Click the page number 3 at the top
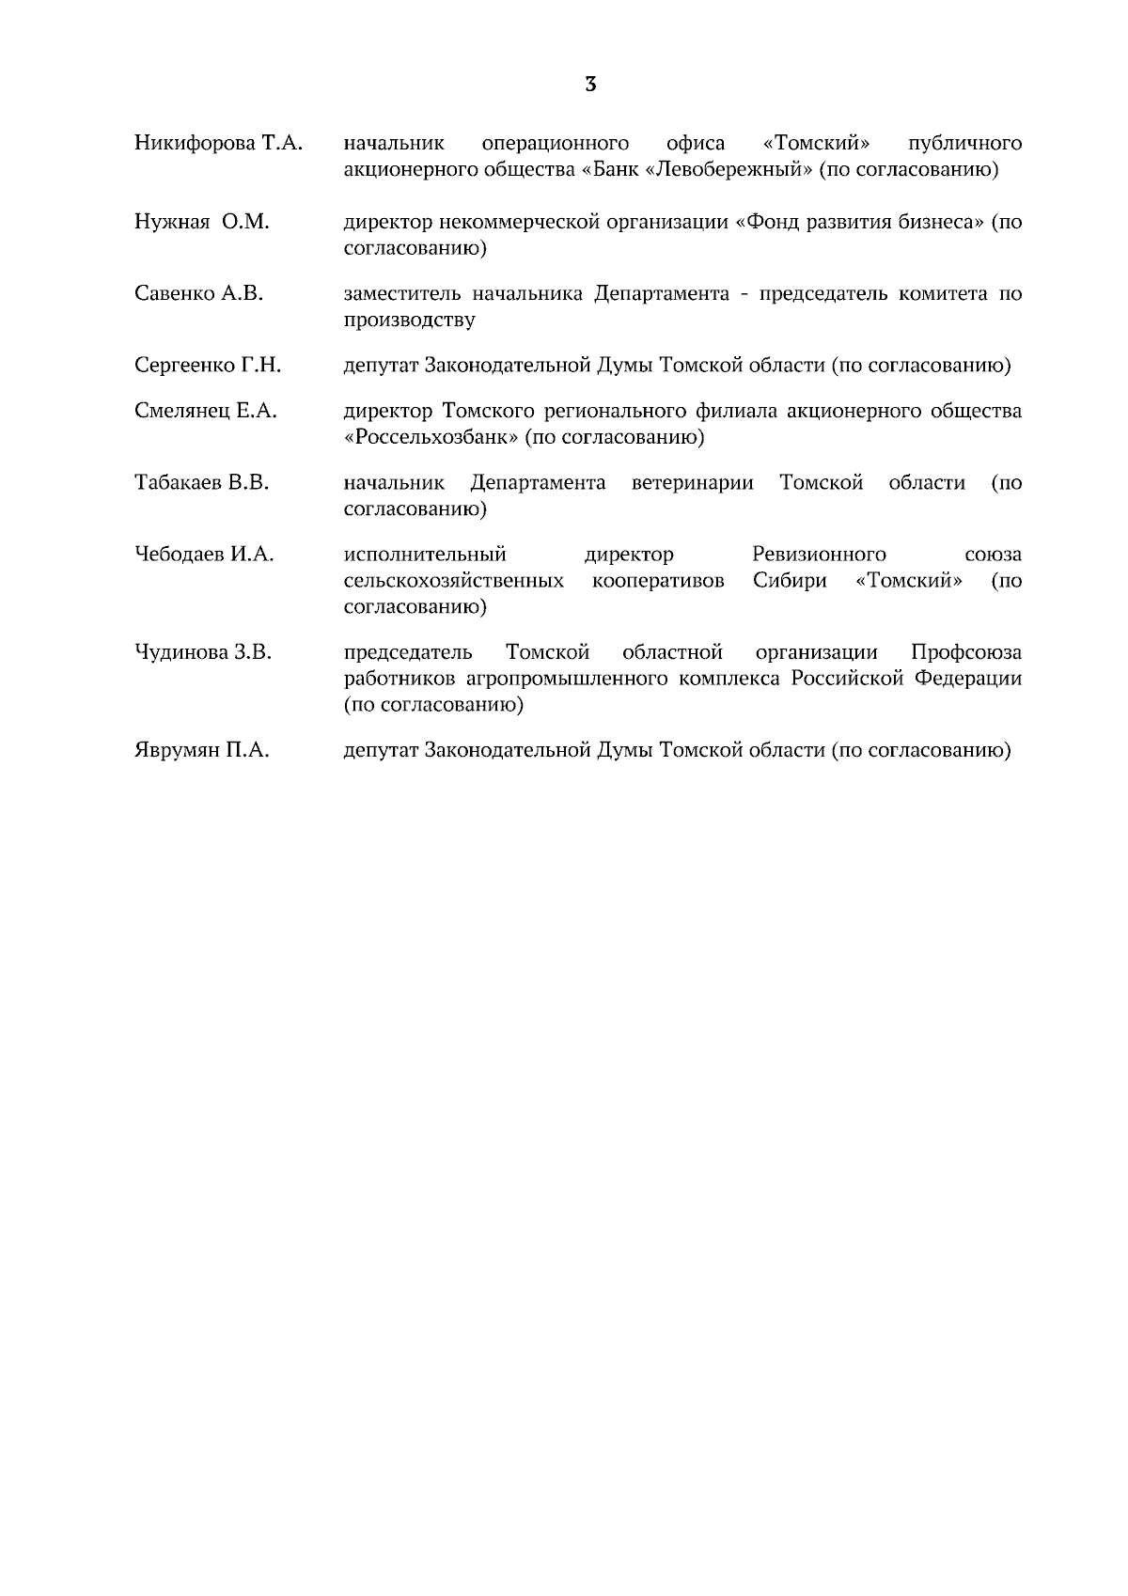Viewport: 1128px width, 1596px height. coord(590,85)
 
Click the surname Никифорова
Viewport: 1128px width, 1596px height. coord(195,144)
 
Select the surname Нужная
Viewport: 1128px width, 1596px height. coord(172,223)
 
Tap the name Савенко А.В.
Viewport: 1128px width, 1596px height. coord(198,294)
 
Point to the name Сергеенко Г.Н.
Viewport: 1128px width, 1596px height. coord(208,366)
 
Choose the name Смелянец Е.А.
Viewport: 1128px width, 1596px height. coord(206,411)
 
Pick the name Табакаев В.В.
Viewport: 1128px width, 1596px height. coord(201,483)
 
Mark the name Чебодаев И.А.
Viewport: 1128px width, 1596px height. coord(204,555)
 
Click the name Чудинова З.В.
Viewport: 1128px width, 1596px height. coord(203,652)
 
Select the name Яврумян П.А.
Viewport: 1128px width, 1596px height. coord(201,750)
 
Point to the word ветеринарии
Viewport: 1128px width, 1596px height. coord(693,483)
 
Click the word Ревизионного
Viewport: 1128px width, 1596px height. coord(819,555)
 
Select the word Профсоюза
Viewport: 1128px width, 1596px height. coord(966,652)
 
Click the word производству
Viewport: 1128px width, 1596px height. coord(409,321)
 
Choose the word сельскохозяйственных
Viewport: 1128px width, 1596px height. coord(454,581)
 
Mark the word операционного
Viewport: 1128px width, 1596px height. coord(555,144)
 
